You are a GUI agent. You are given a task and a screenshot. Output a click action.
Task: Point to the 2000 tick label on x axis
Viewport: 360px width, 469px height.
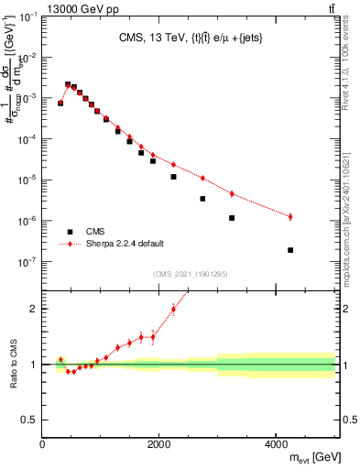[158, 444]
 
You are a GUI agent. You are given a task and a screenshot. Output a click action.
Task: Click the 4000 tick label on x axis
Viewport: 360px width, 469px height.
[276, 444]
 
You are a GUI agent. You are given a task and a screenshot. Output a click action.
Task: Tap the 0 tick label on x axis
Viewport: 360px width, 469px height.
[42, 444]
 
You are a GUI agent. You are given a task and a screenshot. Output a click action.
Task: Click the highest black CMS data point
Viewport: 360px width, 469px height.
[68, 84]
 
